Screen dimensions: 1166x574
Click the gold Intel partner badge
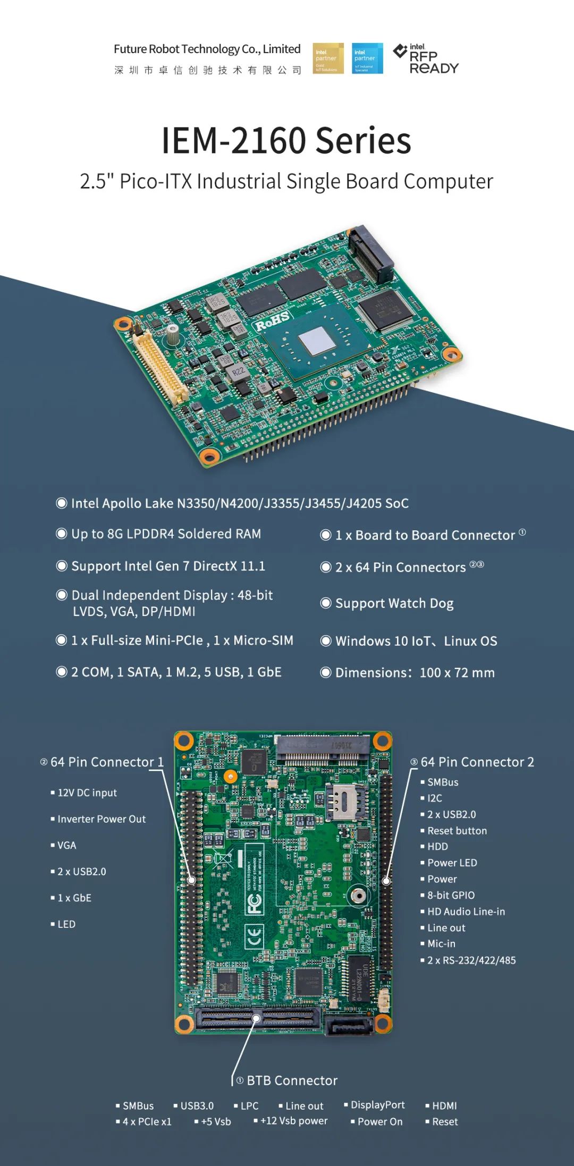(x=328, y=58)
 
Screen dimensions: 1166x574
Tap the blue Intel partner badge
(x=367, y=58)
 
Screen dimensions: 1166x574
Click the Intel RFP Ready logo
(x=427, y=59)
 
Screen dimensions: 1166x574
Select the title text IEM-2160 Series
(x=286, y=141)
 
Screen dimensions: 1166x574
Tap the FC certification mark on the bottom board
(x=254, y=903)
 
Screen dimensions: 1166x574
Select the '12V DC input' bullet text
(x=87, y=793)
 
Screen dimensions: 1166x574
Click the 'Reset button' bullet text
(x=457, y=831)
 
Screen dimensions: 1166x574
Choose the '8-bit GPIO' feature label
(x=451, y=895)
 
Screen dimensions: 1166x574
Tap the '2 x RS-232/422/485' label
(x=471, y=960)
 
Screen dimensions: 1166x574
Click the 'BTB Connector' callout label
(x=292, y=1080)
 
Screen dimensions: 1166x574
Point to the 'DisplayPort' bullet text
(x=377, y=1105)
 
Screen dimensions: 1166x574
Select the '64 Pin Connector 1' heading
(x=106, y=762)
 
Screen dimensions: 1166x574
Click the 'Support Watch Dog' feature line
(x=394, y=603)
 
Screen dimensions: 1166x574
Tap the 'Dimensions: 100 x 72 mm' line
(x=415, y=673)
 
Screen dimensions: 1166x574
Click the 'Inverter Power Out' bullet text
(x=101, y=819)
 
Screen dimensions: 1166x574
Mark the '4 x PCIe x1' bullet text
(x=147, y=1122)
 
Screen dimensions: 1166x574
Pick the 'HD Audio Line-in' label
(x=466, y=911)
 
